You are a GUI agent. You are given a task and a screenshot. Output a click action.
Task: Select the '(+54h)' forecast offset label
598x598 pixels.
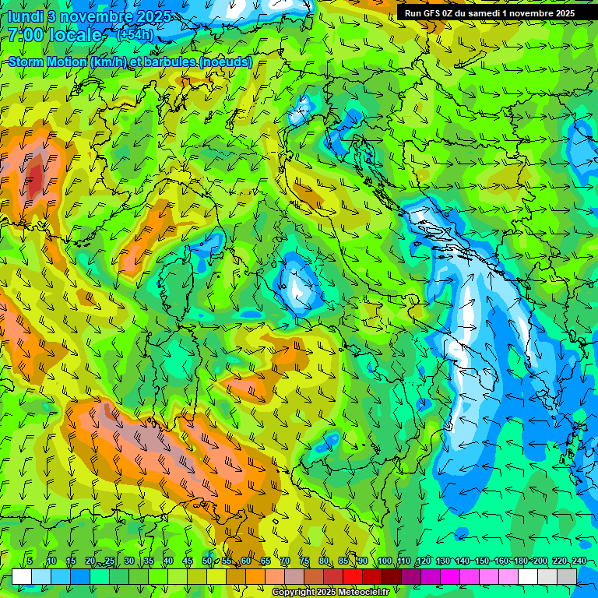(134, 35)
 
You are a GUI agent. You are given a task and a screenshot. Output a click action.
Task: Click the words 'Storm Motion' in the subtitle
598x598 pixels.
(47, 62)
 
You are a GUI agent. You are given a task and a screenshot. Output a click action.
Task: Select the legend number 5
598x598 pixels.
(30, 561)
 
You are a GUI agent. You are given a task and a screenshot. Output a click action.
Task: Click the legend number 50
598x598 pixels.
(207, 561)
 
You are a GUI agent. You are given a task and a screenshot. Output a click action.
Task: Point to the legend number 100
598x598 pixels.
(385, 561)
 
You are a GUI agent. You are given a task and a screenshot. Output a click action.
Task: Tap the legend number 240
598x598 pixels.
(579, 561)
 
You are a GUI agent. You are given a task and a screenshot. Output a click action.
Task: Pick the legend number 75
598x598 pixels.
(304, 561)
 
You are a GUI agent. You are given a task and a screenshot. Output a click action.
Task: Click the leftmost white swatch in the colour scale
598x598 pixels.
(22, 576)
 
